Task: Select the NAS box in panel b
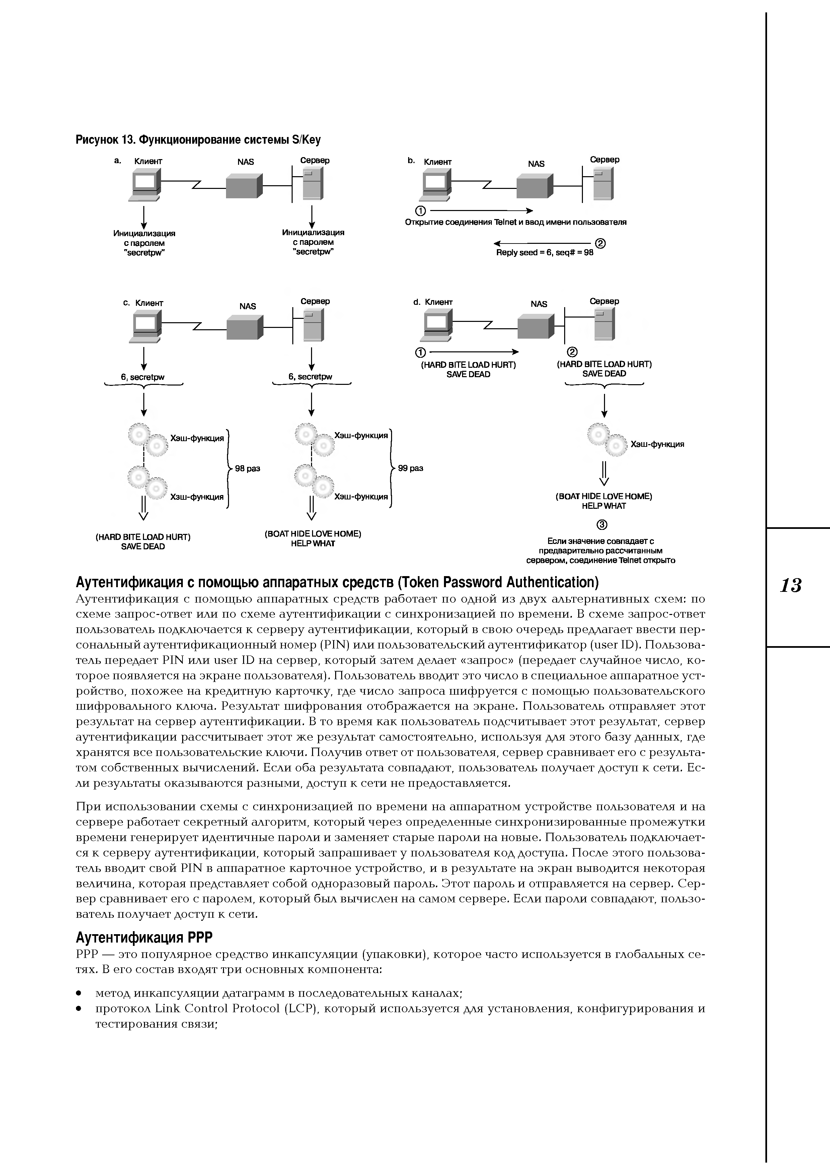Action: (x=534, y=186)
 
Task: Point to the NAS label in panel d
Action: (x=538, y=304)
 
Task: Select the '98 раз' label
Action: (x=247, y=468)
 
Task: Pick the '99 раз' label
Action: (x=411, y=468)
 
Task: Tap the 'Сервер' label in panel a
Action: (x=314, y=160)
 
